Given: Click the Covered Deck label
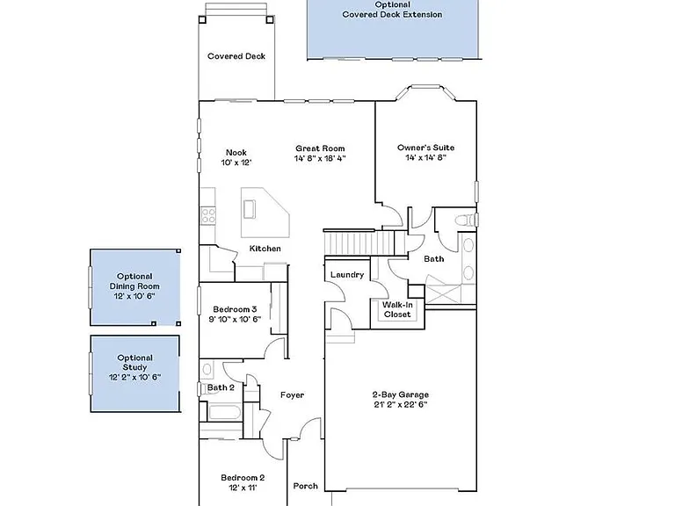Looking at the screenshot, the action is click(x=236, y=56).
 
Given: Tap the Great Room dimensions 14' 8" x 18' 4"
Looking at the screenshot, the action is click(x=320, y=158).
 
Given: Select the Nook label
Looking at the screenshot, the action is click(x=236, y=152).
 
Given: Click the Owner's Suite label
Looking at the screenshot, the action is click(x=425, y=148).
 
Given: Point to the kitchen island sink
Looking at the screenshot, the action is click(x=250, y=209).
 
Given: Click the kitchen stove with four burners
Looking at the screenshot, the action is click(x=208, y=215).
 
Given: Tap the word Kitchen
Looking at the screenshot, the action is click(x=265, y=249).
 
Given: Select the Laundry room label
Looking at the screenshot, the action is click(x=347, y=274).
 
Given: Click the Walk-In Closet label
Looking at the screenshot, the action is click(x=397, y=310).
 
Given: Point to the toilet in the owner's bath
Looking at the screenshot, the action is click(x=466, y=220).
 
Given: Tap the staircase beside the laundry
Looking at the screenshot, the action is click(x=359, y=243).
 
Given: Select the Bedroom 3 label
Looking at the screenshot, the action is click(x=235, y=309).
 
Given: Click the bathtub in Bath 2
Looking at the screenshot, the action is click(x=224, y=412).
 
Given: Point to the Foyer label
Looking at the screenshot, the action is click(x=293, y=395).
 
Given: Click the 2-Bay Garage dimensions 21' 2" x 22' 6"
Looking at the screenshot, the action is click(x=401, y=404).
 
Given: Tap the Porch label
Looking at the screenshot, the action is click(x=306, y=486).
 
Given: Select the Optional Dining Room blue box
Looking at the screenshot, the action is click(x=134, y=287).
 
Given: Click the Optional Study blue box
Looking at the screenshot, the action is click(x=134, y=373).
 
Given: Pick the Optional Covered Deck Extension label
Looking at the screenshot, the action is click(x=392, y=10).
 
